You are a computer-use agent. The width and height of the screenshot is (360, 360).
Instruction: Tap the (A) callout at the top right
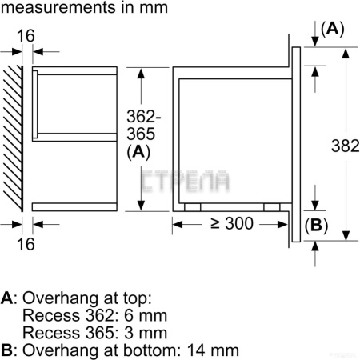click(331, 29)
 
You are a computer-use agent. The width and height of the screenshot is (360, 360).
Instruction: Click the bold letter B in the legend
click(7, 350)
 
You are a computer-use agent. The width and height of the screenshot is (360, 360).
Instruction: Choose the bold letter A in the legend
click(7, 298)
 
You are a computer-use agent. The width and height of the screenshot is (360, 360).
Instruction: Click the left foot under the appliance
click(192, 206)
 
